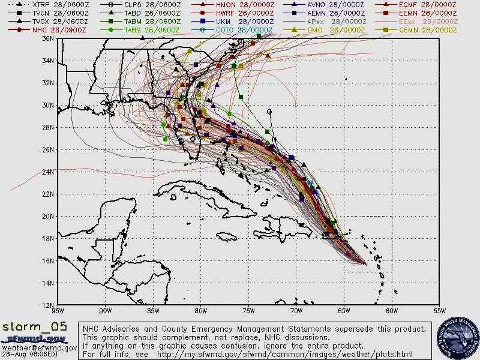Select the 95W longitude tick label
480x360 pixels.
click(x=57, y=311)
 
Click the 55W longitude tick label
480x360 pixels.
click(x=439, y=311)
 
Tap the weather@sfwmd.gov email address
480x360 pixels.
click(x=38, y=347)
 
